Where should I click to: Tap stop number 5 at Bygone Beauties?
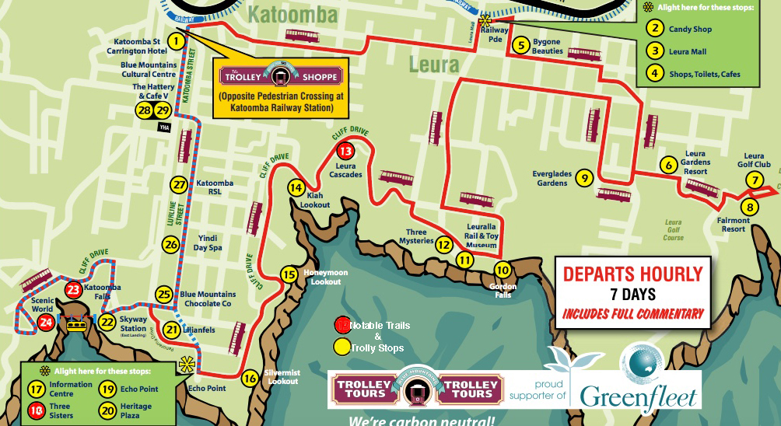coord(520,45)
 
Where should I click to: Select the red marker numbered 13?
coord(345,151)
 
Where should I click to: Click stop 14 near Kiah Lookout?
coord(296,187)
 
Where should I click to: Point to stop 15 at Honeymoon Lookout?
coord(289,274)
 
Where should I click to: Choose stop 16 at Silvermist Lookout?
coord(249,379)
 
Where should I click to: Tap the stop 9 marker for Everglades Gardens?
coord(583,178)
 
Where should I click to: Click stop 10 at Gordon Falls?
coord(503,270)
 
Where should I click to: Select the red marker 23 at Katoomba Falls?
coord(73,290)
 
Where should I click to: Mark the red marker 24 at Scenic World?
coord(46,322)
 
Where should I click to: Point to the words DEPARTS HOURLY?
coord(632,274)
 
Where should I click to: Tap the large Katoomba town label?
coord(293,15)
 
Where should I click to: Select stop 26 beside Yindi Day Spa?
coord(170,244)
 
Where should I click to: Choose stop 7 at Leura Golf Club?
coord(753,180)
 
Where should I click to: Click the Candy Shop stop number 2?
coord(655,30)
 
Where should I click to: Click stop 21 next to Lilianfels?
coord(171,330)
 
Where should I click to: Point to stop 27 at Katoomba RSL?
coord(180,185)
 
